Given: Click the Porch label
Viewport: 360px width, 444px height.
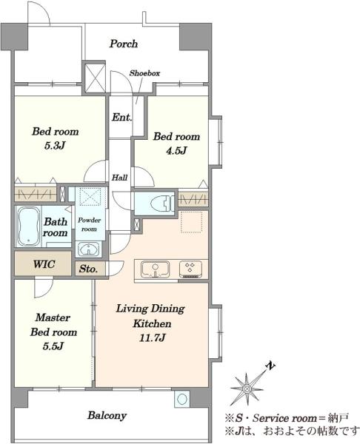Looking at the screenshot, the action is (124, 44).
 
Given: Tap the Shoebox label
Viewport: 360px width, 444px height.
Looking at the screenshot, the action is (144, 73).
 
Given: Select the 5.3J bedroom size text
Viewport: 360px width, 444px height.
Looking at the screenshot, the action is (55, 146).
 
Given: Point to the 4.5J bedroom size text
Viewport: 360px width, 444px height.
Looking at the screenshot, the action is (176, 150).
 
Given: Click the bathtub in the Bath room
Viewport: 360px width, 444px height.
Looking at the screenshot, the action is (28, 226).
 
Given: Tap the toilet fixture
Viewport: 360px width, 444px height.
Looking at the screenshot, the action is (162, 203).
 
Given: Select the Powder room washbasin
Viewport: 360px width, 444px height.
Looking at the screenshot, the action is (89, 249).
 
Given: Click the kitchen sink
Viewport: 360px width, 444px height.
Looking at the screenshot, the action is (156, 269).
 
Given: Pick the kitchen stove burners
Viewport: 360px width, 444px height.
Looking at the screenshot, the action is (190, 269).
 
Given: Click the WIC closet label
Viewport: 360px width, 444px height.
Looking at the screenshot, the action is (44, 264).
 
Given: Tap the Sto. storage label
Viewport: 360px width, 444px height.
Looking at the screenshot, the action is (88, 269).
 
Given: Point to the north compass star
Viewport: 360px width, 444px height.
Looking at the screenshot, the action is (246, 388).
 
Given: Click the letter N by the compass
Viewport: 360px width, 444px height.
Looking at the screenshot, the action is (270, 366).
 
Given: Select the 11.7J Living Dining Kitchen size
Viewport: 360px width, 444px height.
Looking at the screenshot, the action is (152, 338).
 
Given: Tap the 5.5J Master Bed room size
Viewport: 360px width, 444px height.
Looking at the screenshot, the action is (53, 346).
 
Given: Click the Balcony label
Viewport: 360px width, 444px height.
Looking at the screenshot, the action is (107, 415).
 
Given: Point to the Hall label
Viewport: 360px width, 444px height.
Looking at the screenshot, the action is (119, 178).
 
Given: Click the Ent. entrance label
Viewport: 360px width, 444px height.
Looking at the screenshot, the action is (121, 117).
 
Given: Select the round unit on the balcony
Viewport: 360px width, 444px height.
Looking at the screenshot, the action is (181, 399).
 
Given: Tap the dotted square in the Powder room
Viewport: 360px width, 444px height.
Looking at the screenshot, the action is (90, 196).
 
